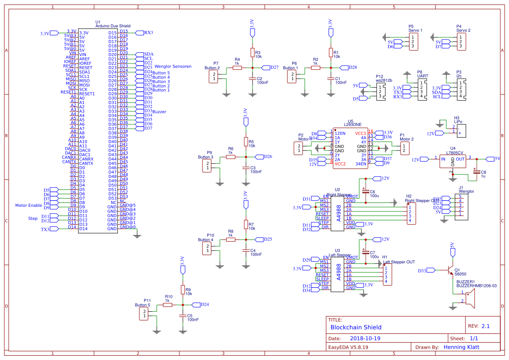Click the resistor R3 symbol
tap(252, 53)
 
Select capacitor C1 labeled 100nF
tap(330, 79)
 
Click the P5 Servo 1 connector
tap(412, 42)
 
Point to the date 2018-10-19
tap(365, 338)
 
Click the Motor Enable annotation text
tap(29, 205)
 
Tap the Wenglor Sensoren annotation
tap(173, 67)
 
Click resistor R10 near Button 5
tap(168, 305)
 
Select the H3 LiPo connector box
tap(459, 129)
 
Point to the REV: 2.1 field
tap(479, 326)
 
